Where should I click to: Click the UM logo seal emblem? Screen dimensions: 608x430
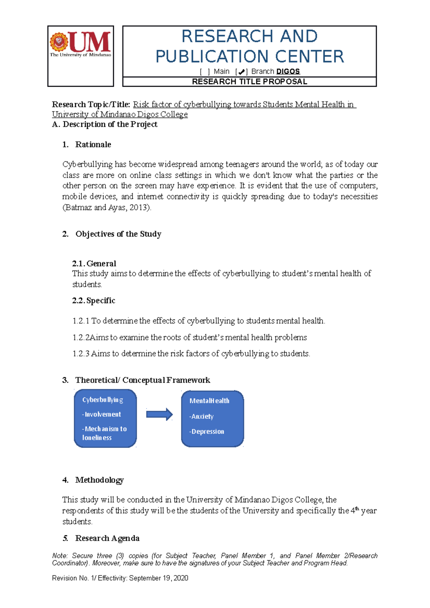[x=59, y=42]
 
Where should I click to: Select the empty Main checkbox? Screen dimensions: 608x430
[x=205, y=72]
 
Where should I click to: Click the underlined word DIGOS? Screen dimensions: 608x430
[x=288, y=72]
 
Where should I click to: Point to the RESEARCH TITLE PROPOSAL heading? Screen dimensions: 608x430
[x=249, y=82]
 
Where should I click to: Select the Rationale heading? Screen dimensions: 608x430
[x=93, y=145]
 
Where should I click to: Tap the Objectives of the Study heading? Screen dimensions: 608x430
[x=118, y=234]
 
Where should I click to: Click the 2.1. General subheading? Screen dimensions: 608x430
[x=94, y=264]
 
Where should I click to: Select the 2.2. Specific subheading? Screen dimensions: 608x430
[x=94, y=300]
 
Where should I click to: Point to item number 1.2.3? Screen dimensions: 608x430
[x=81, y=354]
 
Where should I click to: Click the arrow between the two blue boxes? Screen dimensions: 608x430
[x=159, y=415]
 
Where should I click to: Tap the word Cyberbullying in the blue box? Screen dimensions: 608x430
[x=102, y=400]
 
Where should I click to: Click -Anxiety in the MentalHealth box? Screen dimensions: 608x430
[x=201, y=416]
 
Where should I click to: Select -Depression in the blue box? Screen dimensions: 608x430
[x=207, y=431]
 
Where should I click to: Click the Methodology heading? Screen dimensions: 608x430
[x=99, y=480]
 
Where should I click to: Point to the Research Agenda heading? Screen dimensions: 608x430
[x=107, y=538]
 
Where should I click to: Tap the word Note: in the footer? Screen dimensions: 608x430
[x=59, y=556]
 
